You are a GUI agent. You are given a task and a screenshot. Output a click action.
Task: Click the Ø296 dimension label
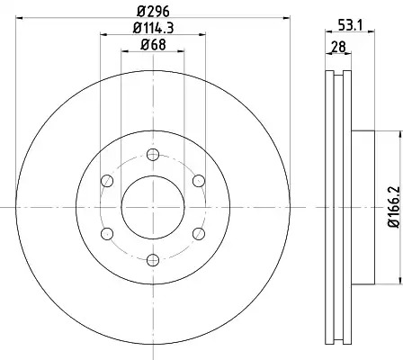tap(153, 12)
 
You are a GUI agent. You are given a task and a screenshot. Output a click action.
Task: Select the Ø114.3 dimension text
tap(153, 28)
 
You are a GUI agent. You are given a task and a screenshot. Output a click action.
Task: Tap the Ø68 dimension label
tap(153, 45)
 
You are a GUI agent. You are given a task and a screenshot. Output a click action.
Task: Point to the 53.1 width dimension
tap(350, 25)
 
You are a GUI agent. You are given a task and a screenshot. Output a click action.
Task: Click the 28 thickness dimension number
tap(338, 47)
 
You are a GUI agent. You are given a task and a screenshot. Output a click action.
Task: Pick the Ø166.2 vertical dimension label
tap(395, 207)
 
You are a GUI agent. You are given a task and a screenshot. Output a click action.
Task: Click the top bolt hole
tap(153, 155)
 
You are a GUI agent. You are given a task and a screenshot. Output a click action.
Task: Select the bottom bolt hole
tap(153, 260)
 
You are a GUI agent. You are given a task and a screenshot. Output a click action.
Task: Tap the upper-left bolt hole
tap(107, 181)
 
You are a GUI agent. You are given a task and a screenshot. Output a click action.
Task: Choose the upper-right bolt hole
tap(199, 181)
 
